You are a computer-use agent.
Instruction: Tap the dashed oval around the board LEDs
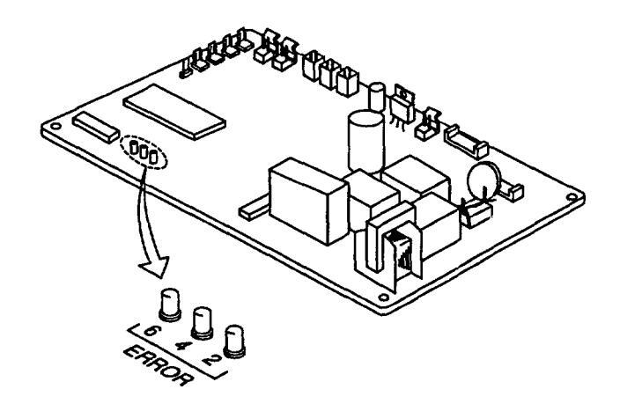coord(143,152)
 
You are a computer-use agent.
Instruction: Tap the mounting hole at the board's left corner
coord(55,127)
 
